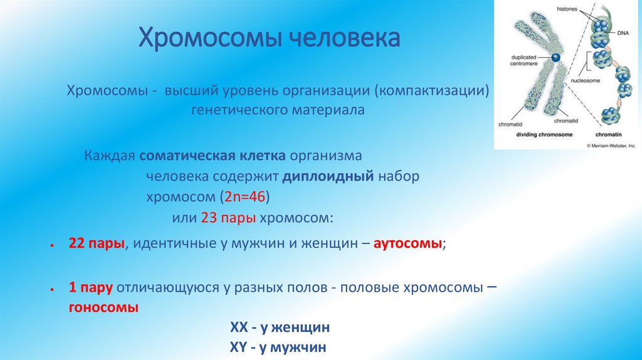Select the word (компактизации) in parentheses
[x=432, y=92]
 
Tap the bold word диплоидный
[x=329, y=176]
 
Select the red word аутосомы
[x=408, y=246]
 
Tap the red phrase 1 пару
[x=91, y=289]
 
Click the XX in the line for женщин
[x=239, y=328]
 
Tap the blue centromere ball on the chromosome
[x=555, y=58]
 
